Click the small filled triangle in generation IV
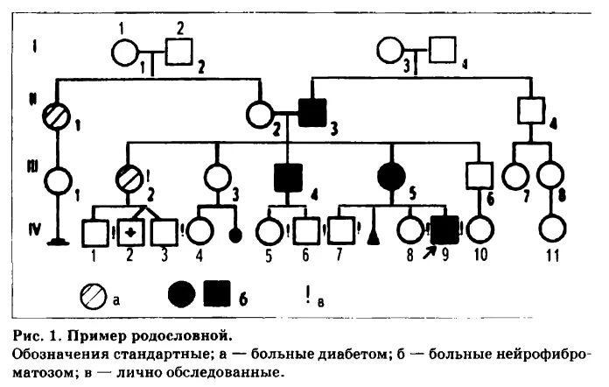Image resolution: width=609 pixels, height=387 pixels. [374, 236]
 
